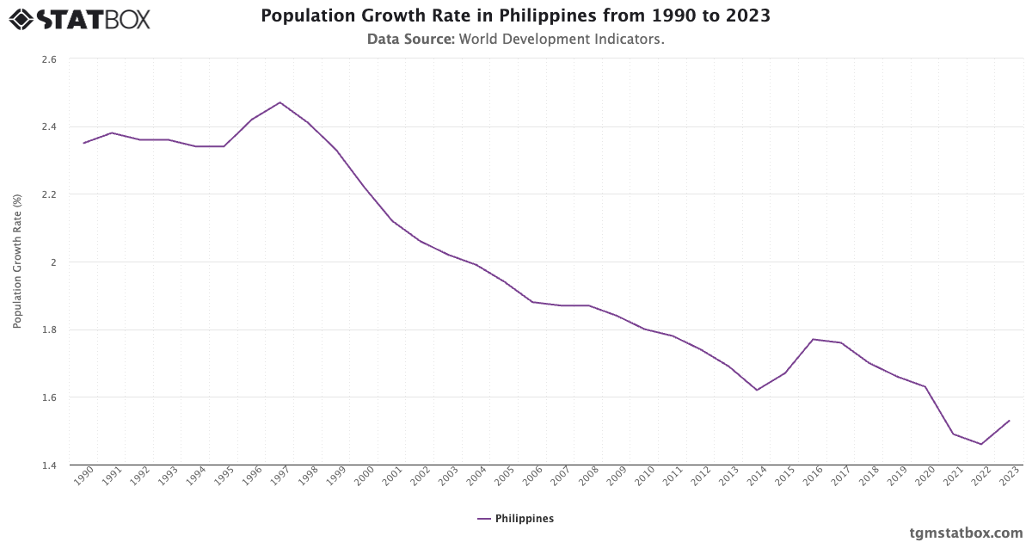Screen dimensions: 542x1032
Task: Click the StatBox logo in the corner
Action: pos(79,19)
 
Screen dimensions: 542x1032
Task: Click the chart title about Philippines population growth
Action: pos(515,16)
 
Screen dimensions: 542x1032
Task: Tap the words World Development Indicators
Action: pos(561,40)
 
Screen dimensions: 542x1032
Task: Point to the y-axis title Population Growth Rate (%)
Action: pos(16,262)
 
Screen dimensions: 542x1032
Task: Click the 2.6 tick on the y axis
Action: pos(48,59)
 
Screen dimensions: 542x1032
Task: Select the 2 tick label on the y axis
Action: pos(52,262)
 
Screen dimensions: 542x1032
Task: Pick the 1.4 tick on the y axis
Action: pos(48,465)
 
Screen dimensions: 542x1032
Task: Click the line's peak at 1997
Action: pos(279,102)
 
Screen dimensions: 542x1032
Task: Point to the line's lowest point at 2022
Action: pos(981,444)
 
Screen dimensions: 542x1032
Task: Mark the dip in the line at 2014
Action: pos(757,391)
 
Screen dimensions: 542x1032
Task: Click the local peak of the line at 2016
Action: pos(813,339)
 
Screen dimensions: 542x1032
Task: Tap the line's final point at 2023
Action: pos(1009,421)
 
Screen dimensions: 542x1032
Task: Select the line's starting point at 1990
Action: pos(83,143)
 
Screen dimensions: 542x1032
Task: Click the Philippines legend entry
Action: pos(516,519)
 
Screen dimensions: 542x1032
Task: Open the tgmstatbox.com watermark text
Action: pos(966,533)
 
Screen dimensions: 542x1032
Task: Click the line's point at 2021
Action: pos(953,434)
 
